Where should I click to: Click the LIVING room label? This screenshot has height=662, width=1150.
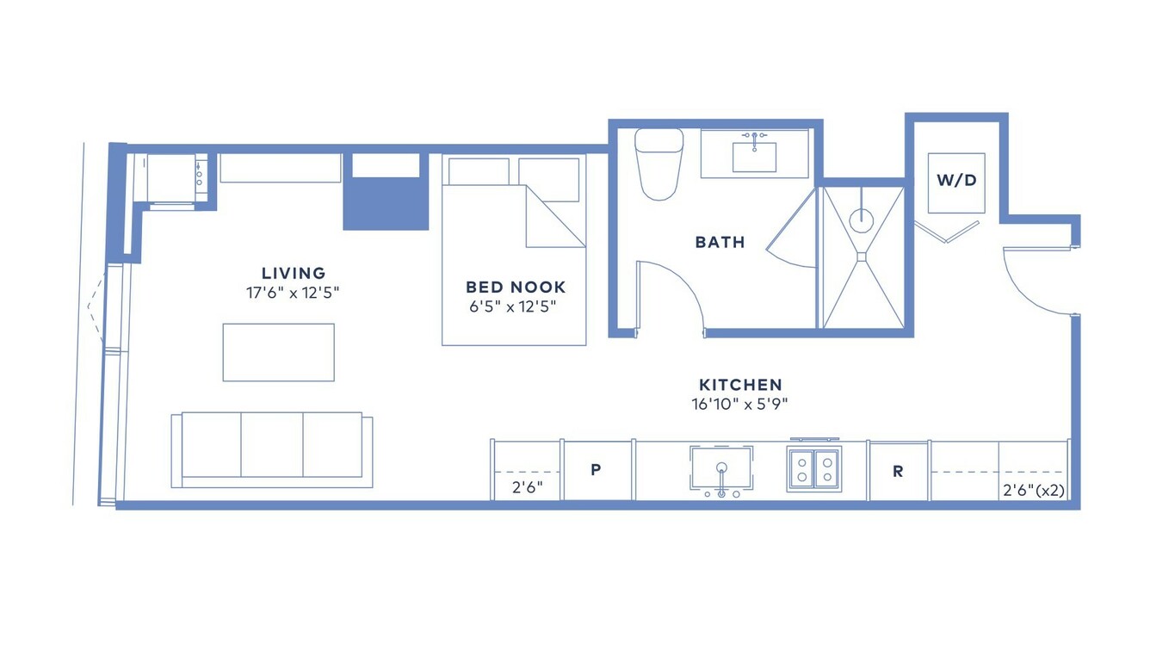[x=294, y=273]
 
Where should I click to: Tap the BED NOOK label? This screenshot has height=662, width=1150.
[x=516, y=287]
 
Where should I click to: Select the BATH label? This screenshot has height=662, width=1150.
[x=720, y=242]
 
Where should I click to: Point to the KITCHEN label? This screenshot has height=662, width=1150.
[x=740, y=385]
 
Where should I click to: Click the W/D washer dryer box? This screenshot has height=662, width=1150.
[x=956, y=183]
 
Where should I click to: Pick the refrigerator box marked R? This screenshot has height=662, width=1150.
[x=898, y=471]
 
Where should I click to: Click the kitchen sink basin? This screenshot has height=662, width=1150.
[x=721, y=467]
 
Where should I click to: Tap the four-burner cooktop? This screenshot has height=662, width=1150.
[x=814, y=469]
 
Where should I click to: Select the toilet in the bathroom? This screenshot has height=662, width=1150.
[x=658, y=164]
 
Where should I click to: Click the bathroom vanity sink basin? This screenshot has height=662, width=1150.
[x=754, y=158]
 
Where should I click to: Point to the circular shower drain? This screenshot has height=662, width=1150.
[x=862, y=220]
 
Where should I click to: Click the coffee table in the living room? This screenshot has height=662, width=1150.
[x=278, y=352]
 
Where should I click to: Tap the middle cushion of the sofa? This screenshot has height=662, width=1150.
[x=272, y=445]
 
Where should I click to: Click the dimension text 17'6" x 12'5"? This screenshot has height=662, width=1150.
[x=293, y=293]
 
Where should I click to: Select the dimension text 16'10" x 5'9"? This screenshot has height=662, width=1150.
[x=739, y=405]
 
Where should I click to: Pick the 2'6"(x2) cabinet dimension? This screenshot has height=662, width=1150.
[x=1034, y=491]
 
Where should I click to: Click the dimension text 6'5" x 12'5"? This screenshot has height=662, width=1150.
[x=513, y=306]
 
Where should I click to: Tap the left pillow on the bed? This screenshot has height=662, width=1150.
[x=479, y=171]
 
